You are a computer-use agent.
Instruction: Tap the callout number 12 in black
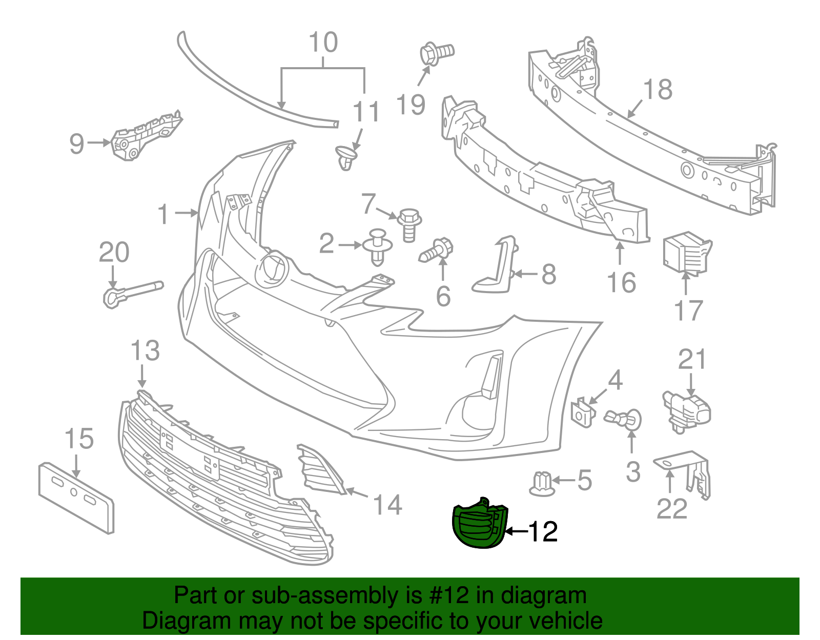pyautogui.click(x=543, y=532)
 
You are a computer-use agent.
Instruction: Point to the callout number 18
pyautogui.click(x=658, y=90)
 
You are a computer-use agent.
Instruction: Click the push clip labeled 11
pyautogui.click(x=347, y=157)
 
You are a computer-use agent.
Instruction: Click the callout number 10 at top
pyautogui.click(x=323, y=43)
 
